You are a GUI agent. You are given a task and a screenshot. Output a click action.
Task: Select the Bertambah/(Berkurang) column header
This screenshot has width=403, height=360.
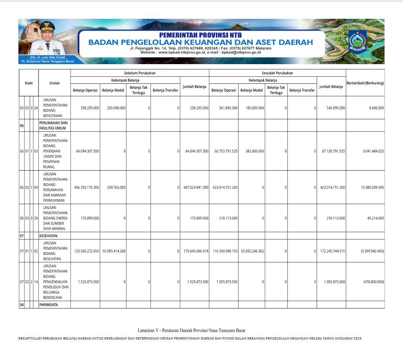click(365, 82)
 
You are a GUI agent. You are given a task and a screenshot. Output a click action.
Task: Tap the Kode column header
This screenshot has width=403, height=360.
click(29, 82)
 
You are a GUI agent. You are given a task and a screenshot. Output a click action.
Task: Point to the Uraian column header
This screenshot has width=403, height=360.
click(55, 82)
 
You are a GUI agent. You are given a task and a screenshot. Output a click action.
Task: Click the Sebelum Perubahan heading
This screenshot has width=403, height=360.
click(140, 73)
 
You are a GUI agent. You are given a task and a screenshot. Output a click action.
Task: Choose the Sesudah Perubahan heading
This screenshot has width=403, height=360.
click(277, 73)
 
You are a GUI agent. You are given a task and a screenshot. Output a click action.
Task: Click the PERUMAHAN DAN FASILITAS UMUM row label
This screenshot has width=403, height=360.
click(53, 126)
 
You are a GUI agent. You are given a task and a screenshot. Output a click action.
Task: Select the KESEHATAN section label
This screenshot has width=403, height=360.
click(49, 236)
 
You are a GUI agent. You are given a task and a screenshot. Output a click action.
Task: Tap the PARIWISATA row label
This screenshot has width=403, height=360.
click(48, 305)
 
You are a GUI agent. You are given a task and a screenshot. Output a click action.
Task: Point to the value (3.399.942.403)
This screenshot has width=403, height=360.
click(372, 251)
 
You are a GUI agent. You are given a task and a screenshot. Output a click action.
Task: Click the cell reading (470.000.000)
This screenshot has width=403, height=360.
click(373, 282)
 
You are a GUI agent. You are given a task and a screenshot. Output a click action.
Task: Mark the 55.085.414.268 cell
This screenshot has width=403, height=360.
click(114, 251)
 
